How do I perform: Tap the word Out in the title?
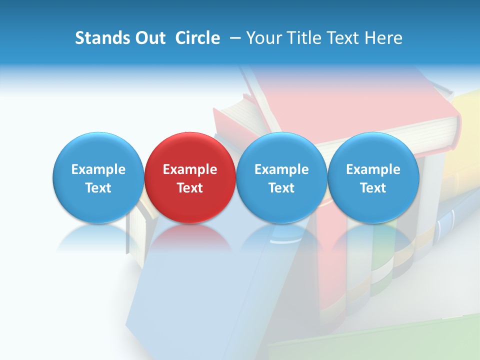148,38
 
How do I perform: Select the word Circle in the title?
197,38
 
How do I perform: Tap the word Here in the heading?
384,38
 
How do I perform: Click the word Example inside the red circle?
190,169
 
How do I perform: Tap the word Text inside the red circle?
190,188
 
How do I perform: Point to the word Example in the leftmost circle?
98,169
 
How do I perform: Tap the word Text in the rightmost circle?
373,188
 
